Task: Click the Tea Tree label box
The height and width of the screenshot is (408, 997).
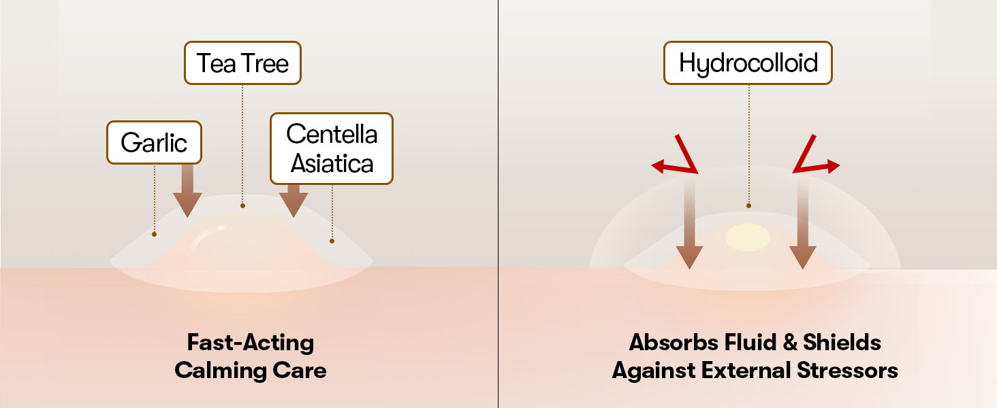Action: click(242, 64)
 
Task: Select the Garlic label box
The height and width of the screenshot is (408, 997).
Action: click(154, 143)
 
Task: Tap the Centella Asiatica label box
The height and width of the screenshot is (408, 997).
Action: click(332, 148)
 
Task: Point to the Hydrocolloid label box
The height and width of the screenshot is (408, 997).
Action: click(748, 63)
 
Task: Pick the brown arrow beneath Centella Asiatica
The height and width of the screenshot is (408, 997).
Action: click(294, 197)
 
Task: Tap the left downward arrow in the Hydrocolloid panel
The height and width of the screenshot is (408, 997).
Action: click(690, 231)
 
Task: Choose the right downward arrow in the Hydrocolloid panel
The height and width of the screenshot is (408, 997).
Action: click(803, 231)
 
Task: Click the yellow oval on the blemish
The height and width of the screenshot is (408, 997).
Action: click(747, 237)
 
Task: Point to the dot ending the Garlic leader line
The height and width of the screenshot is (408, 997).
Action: click(155, 234)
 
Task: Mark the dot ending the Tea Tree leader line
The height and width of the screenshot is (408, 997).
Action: click(242, 205)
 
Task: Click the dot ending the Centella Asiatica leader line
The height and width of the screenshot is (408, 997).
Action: click(332, 240)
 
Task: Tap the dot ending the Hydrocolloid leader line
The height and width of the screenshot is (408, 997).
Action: click(748, 205)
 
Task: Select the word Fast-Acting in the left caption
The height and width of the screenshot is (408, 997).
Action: click(250, 342)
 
